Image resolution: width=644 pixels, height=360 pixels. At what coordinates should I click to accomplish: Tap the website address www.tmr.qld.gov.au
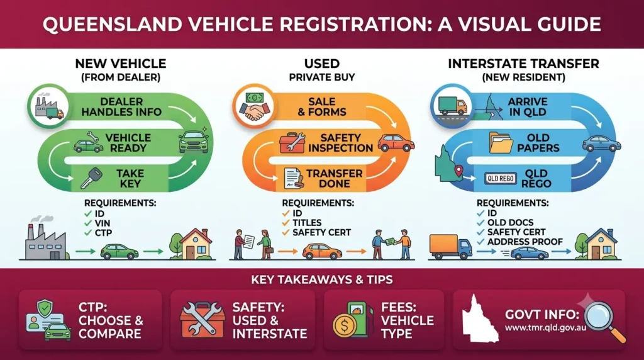(x=545, y=328)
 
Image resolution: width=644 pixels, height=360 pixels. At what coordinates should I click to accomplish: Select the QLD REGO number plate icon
(x=500, y=178)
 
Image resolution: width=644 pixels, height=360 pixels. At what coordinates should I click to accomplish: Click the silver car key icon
(x=91, y=178)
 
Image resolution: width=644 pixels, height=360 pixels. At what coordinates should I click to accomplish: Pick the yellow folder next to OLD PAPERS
(x=501, y=143)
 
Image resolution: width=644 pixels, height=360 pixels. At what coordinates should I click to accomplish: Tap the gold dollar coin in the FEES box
(x=344, y=326)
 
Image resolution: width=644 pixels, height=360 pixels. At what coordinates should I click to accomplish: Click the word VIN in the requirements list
(x=103, y=223)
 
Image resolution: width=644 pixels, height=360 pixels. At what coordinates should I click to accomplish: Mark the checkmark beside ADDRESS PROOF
(x=481, y=242)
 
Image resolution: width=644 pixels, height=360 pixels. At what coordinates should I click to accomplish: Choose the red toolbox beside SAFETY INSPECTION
(x=292, y=143)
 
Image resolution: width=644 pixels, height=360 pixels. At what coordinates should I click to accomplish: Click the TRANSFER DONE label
(x=335, y=178)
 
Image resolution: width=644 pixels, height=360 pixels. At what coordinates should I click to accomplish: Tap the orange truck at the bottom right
(x=450, y=247)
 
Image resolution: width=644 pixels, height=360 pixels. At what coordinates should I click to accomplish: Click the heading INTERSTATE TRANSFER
(x=523, y=64)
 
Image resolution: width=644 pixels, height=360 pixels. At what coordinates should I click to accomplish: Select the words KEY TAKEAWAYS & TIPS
(x=322, y=280)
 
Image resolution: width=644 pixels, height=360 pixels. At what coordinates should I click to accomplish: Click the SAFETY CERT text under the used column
(x=321, y=233)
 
